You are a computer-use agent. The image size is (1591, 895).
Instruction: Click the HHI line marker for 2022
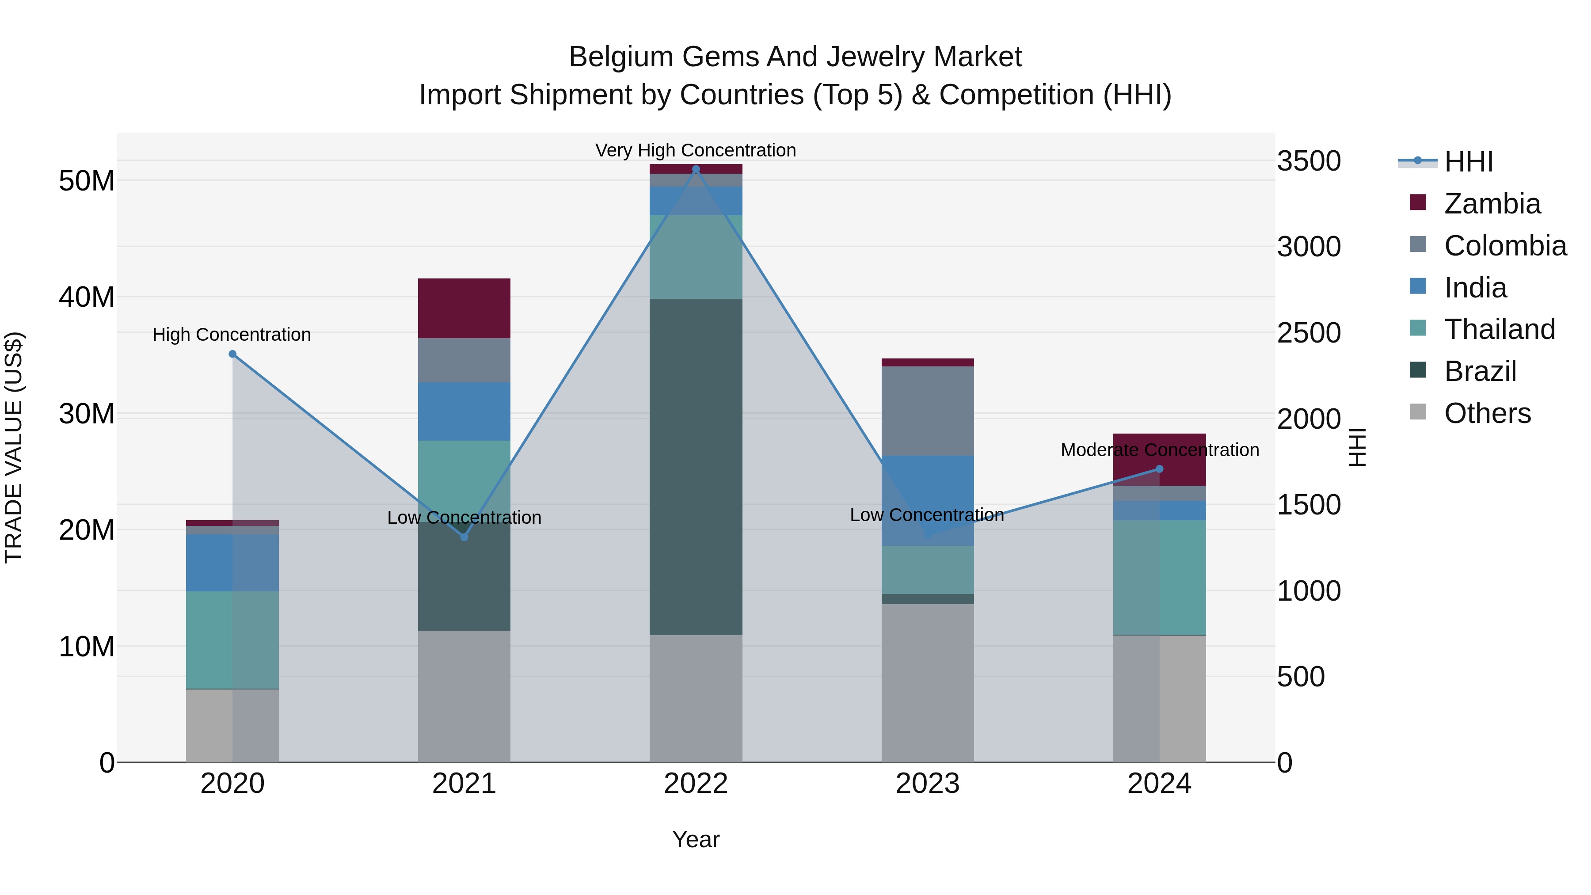coord(696,169)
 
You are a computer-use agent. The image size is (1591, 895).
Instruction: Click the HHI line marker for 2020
coord(233,354)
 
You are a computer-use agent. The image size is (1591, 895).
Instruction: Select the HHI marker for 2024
coord(1159,469)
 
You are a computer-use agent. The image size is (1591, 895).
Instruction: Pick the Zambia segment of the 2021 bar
coord(464,308)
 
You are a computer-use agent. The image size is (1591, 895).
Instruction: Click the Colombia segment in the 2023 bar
coord(927,411)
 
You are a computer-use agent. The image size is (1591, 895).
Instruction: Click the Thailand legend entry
coord(1499,329)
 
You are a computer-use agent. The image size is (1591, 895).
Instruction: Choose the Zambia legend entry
coord(1492,204)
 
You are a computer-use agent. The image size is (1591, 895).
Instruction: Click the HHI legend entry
coord(1468,162)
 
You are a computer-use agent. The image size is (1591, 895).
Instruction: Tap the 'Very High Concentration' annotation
coord(696,150)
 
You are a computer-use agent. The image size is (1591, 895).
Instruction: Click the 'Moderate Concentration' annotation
coord(1159,449)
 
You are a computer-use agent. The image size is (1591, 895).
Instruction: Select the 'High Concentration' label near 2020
coord(232,334)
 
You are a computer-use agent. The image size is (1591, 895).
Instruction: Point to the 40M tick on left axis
coord(87,297)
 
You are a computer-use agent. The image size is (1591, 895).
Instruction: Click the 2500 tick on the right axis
coord(1309,333)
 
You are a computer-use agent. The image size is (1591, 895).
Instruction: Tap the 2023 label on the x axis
coord(927,784)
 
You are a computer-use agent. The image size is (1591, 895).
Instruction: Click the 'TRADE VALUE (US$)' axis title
coord(14,447)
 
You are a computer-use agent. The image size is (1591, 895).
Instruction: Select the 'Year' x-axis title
coord(696,839)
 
